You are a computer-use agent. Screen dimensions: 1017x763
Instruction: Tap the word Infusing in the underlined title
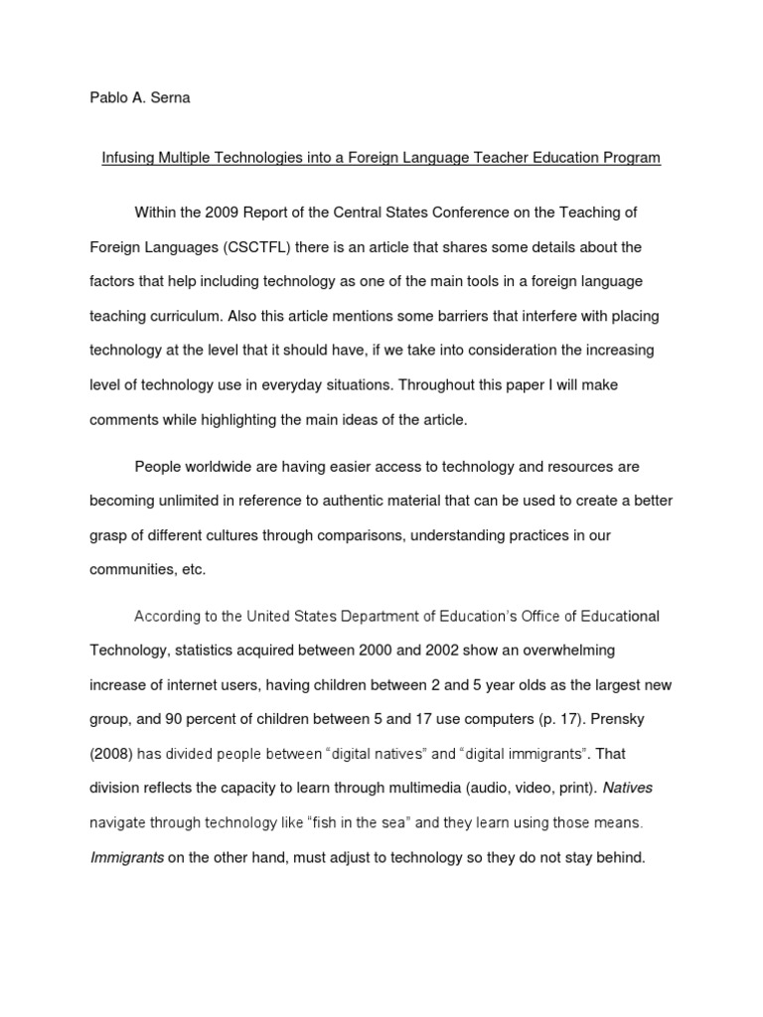tap(130, 158)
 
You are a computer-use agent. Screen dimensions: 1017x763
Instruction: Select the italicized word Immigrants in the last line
tap(126, 856)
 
